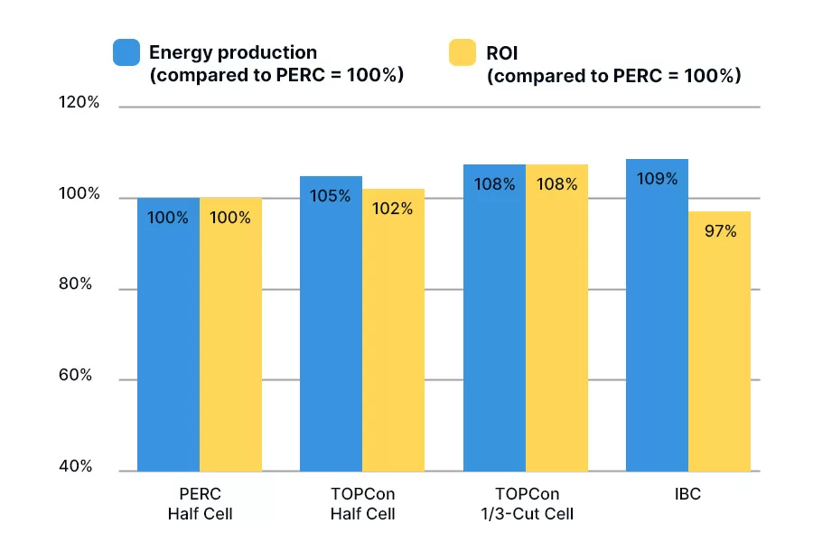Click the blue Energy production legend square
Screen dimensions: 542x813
click(x=126, y=52)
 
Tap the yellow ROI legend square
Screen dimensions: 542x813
click(x=463, y=52)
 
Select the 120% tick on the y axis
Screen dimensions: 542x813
click(x=79, y=102)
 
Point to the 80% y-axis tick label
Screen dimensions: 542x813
click(x=76, y=284)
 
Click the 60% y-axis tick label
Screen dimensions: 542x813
click(x=76, y=375)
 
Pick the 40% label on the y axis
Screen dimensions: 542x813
click(x=76, y=466)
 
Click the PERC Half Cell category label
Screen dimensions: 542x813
click(x=200, y=504)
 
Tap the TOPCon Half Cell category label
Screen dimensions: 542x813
click(x=362, y=504)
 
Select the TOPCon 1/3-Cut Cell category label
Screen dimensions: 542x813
click(x=526, y=504)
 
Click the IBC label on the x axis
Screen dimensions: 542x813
click(x=687, y=495)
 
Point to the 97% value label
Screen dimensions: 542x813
click(x=720, y=231)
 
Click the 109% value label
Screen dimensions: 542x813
click(x=657, y=179)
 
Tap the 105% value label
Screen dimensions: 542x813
click(x=331, y=195)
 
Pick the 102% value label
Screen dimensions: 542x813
click(x=393, y=209)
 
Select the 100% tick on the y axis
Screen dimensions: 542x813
click(x=79, y=194)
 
